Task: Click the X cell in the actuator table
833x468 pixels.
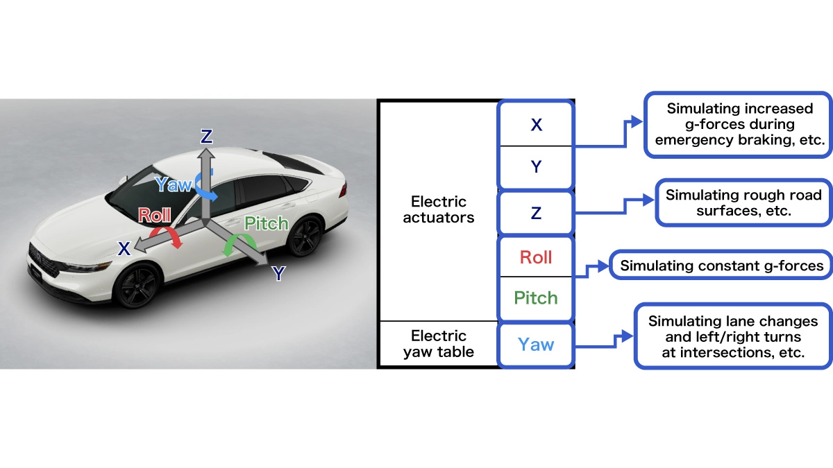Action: [536, 125]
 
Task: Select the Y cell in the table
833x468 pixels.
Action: [536, 167]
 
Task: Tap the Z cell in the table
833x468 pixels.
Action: [536, 214]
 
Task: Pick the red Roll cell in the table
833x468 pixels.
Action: [536, 258]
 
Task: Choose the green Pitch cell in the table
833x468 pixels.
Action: [536, 298]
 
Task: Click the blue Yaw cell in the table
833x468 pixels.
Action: [536, 344]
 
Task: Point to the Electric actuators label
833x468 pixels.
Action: [439, 209]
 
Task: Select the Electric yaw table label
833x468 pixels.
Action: [439, 344]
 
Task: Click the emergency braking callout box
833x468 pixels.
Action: [739, 124]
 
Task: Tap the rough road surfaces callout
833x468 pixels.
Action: [743, 202]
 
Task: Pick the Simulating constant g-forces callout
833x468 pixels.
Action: [721, 266]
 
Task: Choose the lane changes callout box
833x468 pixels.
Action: [733, 337]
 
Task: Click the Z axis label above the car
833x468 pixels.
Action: [206, 137]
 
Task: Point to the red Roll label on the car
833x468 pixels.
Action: [155, 215]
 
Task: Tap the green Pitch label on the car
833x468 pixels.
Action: [267, 223]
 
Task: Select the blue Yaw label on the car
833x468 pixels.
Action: [173, 184]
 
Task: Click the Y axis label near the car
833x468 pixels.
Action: [278, 274]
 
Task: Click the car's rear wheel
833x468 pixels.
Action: [305, 237]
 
